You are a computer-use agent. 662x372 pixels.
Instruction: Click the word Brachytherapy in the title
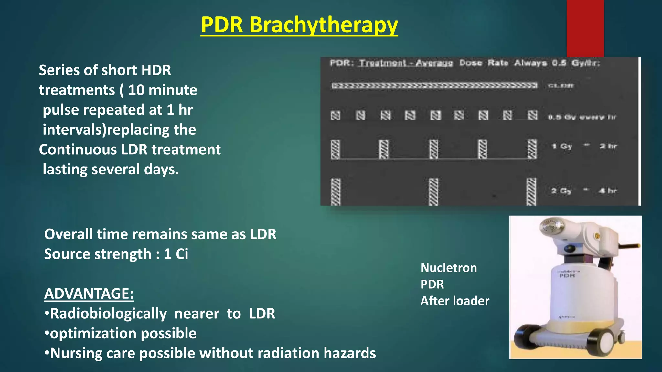[323, 25]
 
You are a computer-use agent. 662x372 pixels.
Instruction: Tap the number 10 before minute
[136, 90]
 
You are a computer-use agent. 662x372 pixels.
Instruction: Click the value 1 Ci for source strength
[176, 254]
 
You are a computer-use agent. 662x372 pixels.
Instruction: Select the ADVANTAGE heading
[89, 294]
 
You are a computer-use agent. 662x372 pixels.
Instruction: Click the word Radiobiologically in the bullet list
[108, 314]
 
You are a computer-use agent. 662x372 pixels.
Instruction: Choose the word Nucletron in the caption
[448, 268]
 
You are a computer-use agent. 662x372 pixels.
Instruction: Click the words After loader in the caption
[454, 301]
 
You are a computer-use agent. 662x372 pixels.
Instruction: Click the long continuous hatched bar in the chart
[434, 86]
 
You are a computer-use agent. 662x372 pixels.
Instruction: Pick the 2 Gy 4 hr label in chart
[584, 191]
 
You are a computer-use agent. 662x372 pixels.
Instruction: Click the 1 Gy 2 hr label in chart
[584, 146]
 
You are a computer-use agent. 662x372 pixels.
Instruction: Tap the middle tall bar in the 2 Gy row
[433, 191]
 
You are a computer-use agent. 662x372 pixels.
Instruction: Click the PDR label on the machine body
[567, 275]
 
